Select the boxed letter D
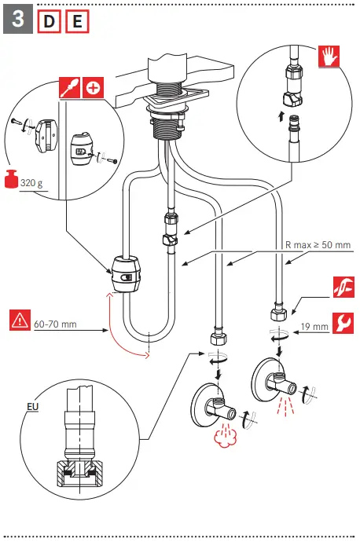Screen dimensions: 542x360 click(x=48, y=22)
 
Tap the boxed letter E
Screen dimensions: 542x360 click(x=77, y=22)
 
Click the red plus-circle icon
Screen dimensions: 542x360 click(x=93, y=87)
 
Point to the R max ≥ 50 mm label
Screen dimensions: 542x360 click(x=318, y=245)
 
